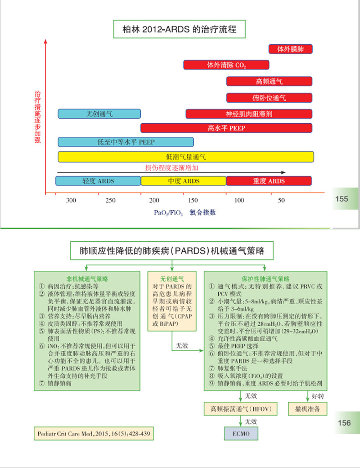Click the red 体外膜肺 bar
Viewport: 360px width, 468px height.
point(290,49)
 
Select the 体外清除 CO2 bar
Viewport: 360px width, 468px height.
point(226,65)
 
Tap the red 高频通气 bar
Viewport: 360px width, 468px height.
point(269,81)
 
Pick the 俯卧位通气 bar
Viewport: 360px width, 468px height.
point(269,98)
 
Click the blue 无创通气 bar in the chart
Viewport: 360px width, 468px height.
point(99,114)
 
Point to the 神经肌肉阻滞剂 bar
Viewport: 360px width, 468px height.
point(249,114)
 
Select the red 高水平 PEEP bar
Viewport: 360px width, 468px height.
point(226,128)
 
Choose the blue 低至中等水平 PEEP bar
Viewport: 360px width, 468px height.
point(126,142)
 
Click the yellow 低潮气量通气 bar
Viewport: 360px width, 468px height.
point(185,156)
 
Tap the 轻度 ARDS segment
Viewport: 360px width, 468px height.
point(98,181)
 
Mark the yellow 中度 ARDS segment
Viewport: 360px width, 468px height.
point(183,181)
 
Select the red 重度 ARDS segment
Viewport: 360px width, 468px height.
point(269,181)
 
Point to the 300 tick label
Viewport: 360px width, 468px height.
point(71,200)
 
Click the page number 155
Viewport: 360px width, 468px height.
point(341,199)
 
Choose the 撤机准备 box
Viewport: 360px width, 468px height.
point(308,409)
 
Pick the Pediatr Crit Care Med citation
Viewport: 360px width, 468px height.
point(93,433)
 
